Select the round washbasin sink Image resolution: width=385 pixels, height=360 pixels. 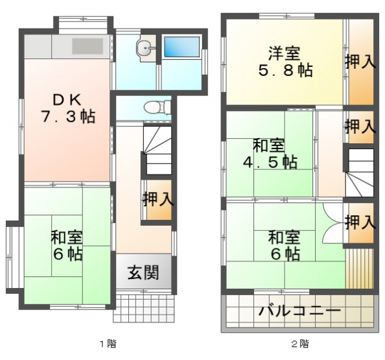[x=146, y=48]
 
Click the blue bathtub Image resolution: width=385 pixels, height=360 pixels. [x=181, y=47]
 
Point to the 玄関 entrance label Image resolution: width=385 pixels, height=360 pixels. [x=143, y=272]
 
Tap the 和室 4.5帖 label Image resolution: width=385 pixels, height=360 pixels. [x=270, y=154]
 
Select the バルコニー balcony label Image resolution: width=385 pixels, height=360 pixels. [x=300, y=311]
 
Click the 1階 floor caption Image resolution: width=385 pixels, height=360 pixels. [x=108, y=344]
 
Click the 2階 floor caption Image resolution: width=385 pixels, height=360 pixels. [x=300, y=344]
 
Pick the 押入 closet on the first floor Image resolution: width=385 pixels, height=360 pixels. [x=159, y=199]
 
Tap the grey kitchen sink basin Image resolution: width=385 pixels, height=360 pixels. [x=87, y=46]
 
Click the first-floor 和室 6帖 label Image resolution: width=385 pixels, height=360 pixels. [x=67, y=245]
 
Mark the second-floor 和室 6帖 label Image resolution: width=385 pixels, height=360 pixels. [x=285, y=245]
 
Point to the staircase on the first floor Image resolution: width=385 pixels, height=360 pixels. [x=157, y=150]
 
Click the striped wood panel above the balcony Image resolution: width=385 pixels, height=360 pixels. [x=360, y=268]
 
